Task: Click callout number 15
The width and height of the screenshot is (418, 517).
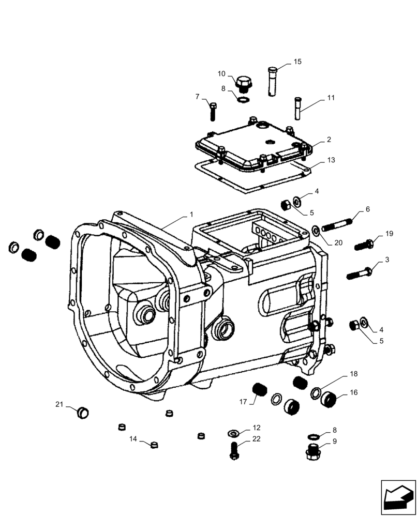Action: click(297, 62)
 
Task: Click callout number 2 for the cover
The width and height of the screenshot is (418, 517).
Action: click(329, 140)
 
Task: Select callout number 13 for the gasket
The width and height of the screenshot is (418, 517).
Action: click(331, 160)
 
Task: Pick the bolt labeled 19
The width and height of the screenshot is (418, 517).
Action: click(365, 242)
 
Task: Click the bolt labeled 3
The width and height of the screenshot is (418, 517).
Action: click(357, 272)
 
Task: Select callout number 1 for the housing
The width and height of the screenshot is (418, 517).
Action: click(191, 214)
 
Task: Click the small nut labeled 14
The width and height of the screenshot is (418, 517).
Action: click(154, 445)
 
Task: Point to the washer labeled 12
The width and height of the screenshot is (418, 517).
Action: click(233, 432)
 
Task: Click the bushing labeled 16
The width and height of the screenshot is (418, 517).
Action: click(328, 399)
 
